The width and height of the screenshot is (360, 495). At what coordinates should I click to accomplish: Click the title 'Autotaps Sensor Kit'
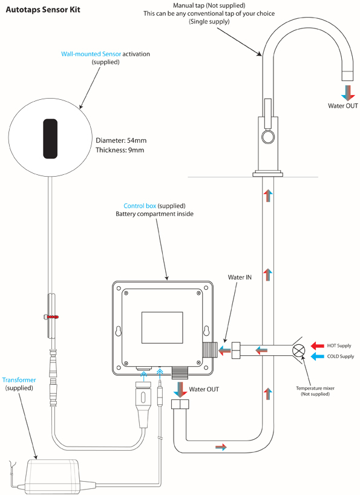click(x=42, y=10)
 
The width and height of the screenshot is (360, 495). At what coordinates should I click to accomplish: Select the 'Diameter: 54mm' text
click(x=121, y=140)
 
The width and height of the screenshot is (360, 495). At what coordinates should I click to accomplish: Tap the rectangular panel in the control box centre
click(x=161, y=326)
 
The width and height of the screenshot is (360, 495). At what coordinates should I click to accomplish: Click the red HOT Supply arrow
click(x=316, y=346)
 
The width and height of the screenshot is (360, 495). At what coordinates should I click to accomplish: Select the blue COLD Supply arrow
click(x=316, y=356)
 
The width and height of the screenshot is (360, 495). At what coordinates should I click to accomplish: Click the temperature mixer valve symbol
click(x=298, y=351)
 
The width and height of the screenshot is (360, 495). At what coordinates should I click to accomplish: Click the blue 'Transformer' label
click(x=19, y=380)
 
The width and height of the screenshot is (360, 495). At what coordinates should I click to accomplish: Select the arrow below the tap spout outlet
click(x=347, y=92)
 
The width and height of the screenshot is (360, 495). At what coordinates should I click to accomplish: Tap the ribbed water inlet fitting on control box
click(x=209, y=350)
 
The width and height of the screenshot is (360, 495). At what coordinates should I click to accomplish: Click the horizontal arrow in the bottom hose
click(x=222, y=447)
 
